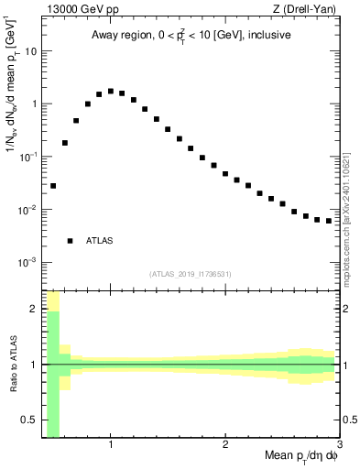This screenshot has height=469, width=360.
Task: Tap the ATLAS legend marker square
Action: point(70,241)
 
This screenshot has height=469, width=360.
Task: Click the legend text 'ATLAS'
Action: point(99,241)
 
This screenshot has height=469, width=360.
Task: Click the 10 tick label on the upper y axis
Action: point(30,51)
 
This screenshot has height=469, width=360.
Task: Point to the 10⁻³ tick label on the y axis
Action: point(28,262)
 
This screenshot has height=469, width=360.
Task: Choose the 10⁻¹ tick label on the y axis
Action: point(28,157)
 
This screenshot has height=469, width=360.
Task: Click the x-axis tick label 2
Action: point(225,445)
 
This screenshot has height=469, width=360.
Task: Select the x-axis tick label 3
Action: point(339,445)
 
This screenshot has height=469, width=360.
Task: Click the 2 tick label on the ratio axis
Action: point(33,309)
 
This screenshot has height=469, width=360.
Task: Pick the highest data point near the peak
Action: point(111,92)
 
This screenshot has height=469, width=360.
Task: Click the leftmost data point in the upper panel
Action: point(53,186)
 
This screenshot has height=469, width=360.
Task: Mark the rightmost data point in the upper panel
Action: point(329,221)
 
